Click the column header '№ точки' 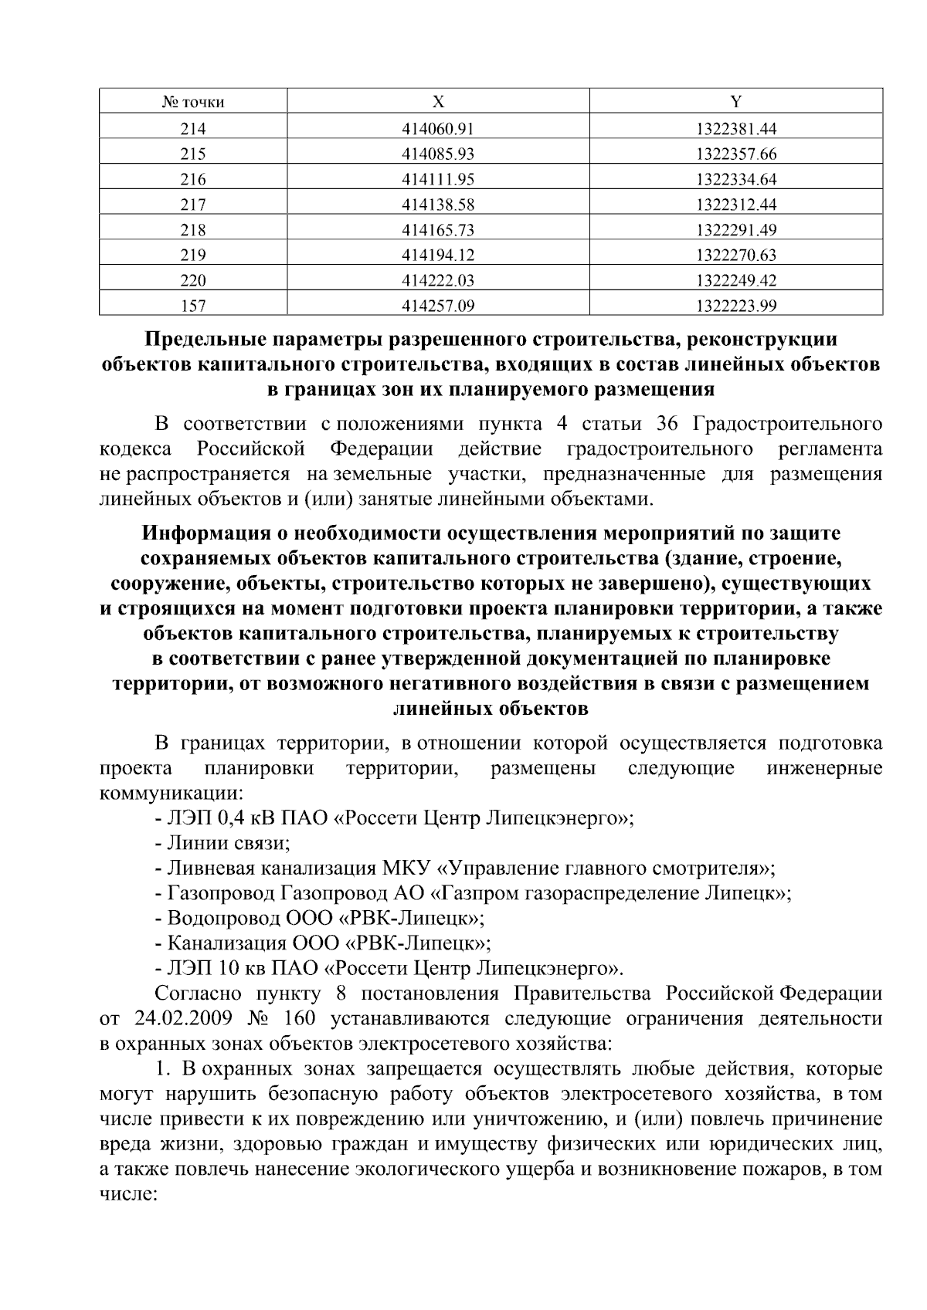[x=193, y=102]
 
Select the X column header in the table [x=438, y=102]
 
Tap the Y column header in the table [x=735, y=102]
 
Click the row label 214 [x=193, y=128]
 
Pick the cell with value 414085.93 [x=438, y=154]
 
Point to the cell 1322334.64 [x=735, y=179]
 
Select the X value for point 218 [x=438, y=230]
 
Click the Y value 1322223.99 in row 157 [x=735, y=306]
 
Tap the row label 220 [x=193, y=281]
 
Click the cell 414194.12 [x=438, y=256]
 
